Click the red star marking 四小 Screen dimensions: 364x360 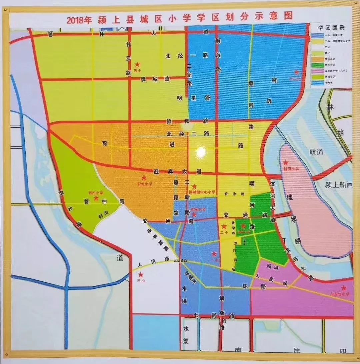[137, 64]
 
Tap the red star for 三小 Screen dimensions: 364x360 [141, 275]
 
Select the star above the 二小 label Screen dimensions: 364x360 [224, 226]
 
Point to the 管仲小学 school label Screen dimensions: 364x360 [144, 183]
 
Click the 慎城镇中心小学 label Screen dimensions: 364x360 [202, 192]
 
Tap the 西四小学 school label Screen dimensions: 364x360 [96, 192]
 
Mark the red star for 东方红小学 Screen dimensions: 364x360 [343, 288]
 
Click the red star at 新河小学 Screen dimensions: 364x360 [286, 163]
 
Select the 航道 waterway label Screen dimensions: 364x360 [316, 152]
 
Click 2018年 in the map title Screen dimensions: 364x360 [79, 20]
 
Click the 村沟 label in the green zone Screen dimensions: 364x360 [103, 216]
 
